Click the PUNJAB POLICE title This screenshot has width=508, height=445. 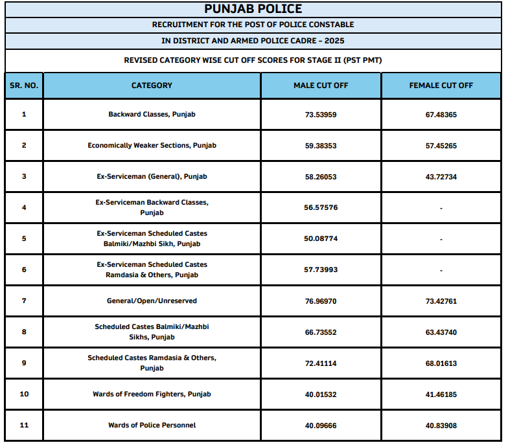[x=253, y=9]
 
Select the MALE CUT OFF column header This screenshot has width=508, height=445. [x=321, y=86]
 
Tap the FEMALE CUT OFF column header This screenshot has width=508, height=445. [x=441, y=86]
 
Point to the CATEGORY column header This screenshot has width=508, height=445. [x=152, y=86]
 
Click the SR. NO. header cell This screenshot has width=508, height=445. [x=24, y=86]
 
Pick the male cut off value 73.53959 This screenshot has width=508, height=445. [x=321, y=115]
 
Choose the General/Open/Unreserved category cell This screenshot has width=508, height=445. [x=152, y=301]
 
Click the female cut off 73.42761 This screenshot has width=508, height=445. [x=441, y=301]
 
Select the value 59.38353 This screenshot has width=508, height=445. [x=321, y=146]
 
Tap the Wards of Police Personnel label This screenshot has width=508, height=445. [x=152, y=426]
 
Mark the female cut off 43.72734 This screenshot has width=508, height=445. [x=441, y=177]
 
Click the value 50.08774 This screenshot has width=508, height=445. [x=321, y=239]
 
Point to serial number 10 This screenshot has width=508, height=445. [x=24, y=394]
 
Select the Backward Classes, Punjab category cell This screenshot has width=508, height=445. [x=152, y=115]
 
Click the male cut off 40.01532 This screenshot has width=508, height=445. [x=321, y=394]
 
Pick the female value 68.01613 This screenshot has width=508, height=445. [x=441, y=363]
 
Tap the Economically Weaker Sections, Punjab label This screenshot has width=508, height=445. [x=152, y=146]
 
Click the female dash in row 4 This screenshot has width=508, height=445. [x=441, y=208]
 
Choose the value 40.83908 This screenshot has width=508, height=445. [x=441, y=426]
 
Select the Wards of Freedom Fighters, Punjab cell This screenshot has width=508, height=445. [x=152, y=394]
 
